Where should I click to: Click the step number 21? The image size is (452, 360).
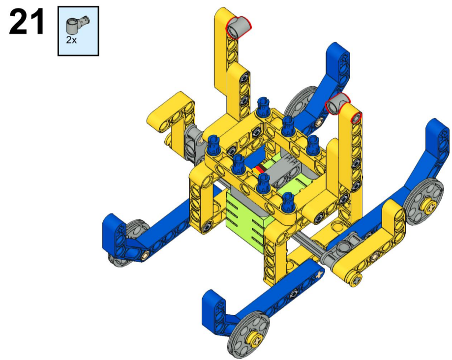click(27, 21)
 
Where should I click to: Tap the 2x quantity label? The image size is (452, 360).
click(71, 40)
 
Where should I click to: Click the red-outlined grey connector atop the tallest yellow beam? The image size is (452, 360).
click(238, 27)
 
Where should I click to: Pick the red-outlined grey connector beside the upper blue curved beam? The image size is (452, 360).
click(337, 104)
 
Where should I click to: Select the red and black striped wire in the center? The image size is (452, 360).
click(259, 169)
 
